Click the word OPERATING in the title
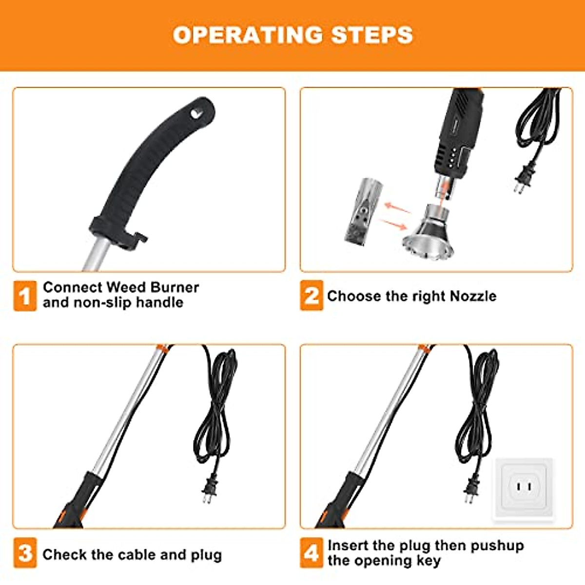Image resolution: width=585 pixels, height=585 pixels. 248,35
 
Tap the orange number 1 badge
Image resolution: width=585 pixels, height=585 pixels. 24,295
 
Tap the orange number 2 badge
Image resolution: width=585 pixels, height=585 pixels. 311,295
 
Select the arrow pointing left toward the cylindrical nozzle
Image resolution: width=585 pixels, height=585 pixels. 397,208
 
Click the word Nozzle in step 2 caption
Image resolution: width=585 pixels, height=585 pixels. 473,296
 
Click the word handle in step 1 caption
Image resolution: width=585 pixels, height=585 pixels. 159,302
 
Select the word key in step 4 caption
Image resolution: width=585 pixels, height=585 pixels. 428,561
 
